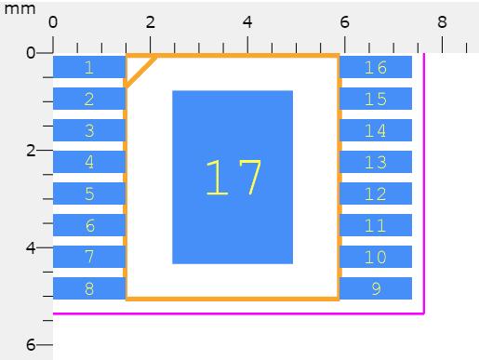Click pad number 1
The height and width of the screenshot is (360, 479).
[x=89, y=67]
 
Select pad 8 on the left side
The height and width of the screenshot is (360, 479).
[x=89, y=288]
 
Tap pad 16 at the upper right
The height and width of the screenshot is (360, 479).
[x=376, y=67]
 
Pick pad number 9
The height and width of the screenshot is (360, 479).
[x=376, y=288]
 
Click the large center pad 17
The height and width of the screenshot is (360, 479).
[x=233, y=178]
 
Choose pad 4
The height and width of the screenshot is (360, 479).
[x=89, y=162]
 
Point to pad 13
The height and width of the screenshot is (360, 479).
[x=376, y=162]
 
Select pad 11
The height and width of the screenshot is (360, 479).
[x=376, y=225]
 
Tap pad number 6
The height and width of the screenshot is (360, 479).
[x=89, y=225]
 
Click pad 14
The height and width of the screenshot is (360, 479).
[x=376, y=130]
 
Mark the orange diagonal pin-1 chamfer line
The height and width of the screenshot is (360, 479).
[x=140, y=71]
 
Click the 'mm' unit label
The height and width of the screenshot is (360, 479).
[x=20, y=8]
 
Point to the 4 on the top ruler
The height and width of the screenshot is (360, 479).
[x=247, y=22]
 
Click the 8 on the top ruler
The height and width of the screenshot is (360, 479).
[x=442, y=22]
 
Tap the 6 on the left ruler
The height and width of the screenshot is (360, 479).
[x=31, y=344]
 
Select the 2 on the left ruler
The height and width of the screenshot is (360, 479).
[x=31, y=151]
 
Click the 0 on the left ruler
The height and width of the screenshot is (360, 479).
[x=31, y=53]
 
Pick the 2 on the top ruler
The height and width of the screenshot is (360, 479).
[x=151, y=22]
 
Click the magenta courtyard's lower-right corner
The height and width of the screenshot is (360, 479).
[x=424, y=313]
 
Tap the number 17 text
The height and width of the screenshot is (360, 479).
[x=233, y=178]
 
